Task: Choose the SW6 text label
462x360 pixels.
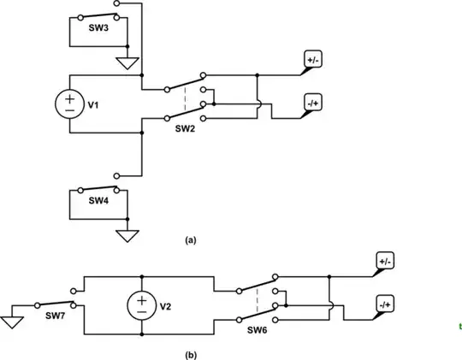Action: (258, 329)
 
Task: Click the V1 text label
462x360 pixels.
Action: (94, 105)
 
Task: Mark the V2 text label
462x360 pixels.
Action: (168, 306)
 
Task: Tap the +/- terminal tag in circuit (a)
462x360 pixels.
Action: (311, 60)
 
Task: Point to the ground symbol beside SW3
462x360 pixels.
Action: (127, 62)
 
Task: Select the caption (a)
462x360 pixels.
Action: (191, 241)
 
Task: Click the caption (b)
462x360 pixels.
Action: (191, 351)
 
